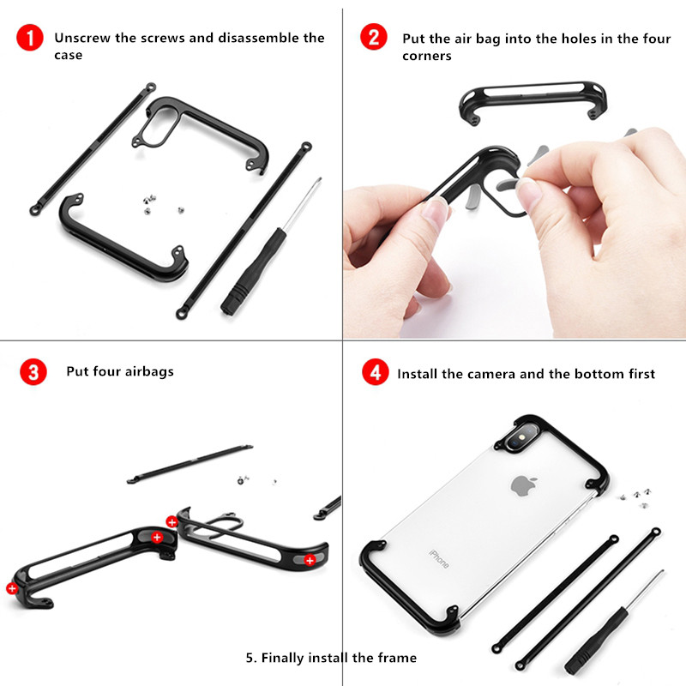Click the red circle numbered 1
coord(30,38)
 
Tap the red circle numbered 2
coord(374,37)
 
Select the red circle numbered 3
coord(33,372)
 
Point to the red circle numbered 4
coord(376,372)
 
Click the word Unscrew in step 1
coord(82,38)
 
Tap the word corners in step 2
coord(426,56)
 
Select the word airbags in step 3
coord(149,372)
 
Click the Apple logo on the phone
coord(524,485)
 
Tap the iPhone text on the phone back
coord(439,559)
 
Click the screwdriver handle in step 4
coord(597,641)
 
